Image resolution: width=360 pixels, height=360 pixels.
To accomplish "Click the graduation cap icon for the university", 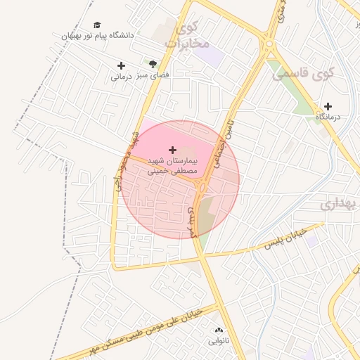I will pos(97,25).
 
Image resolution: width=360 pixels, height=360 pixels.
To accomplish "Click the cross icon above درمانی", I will pos(121,66).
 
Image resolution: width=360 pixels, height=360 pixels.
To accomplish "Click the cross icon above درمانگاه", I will pos(328,107).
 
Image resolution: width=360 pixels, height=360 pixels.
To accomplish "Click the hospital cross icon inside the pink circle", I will pos(173,150).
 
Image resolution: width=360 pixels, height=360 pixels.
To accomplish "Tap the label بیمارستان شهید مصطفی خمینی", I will pos(173,166).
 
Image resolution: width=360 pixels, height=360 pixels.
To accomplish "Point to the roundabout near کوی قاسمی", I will pos(269,46).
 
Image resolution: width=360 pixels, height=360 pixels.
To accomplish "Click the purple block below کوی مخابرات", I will pos(213,56).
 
